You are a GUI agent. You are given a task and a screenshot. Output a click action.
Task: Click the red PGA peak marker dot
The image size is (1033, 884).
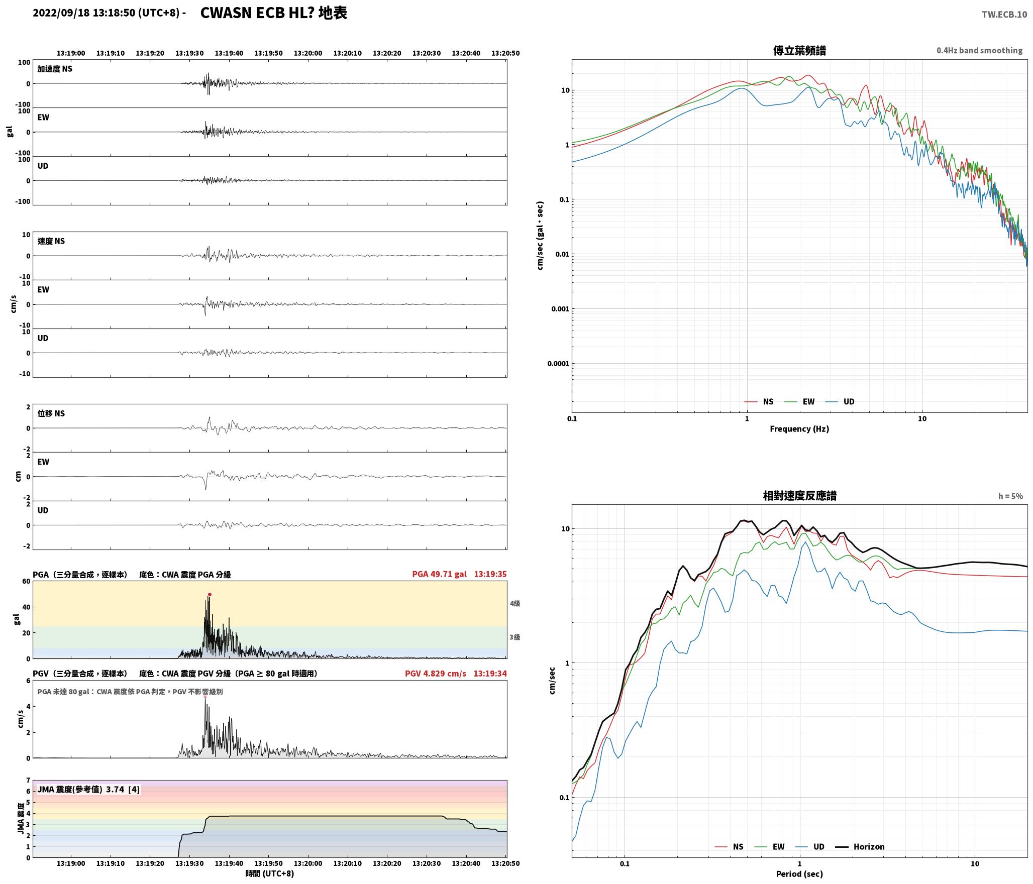point(210,595)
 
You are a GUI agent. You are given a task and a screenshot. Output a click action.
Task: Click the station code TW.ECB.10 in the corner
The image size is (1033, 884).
point(1004,15)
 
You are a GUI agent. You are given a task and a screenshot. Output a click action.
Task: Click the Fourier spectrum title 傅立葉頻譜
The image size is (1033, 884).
point(799,51)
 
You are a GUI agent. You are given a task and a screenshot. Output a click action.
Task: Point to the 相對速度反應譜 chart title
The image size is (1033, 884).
point(799,496)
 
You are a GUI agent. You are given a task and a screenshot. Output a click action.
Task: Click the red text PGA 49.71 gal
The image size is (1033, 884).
point(439,574)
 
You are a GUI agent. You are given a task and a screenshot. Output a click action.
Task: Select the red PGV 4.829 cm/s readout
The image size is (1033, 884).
point(436,673)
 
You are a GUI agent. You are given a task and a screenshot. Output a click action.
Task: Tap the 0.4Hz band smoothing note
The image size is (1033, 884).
point(979,51)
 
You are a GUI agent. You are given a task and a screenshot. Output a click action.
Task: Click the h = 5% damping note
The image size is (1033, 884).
point(1010,496)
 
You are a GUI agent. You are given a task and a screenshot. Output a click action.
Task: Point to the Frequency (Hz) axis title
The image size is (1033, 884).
point(799,429)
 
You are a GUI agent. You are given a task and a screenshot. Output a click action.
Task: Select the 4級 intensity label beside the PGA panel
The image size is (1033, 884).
point(515,603)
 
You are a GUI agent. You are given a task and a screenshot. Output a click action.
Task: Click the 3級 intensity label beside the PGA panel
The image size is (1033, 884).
point(515,637)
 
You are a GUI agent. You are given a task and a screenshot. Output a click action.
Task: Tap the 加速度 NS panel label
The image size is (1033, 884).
point(55,69)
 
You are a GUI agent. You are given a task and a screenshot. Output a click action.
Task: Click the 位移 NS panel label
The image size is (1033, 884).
point(51,413)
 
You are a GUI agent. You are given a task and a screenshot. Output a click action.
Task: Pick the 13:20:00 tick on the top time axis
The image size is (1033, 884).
point(307,53)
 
